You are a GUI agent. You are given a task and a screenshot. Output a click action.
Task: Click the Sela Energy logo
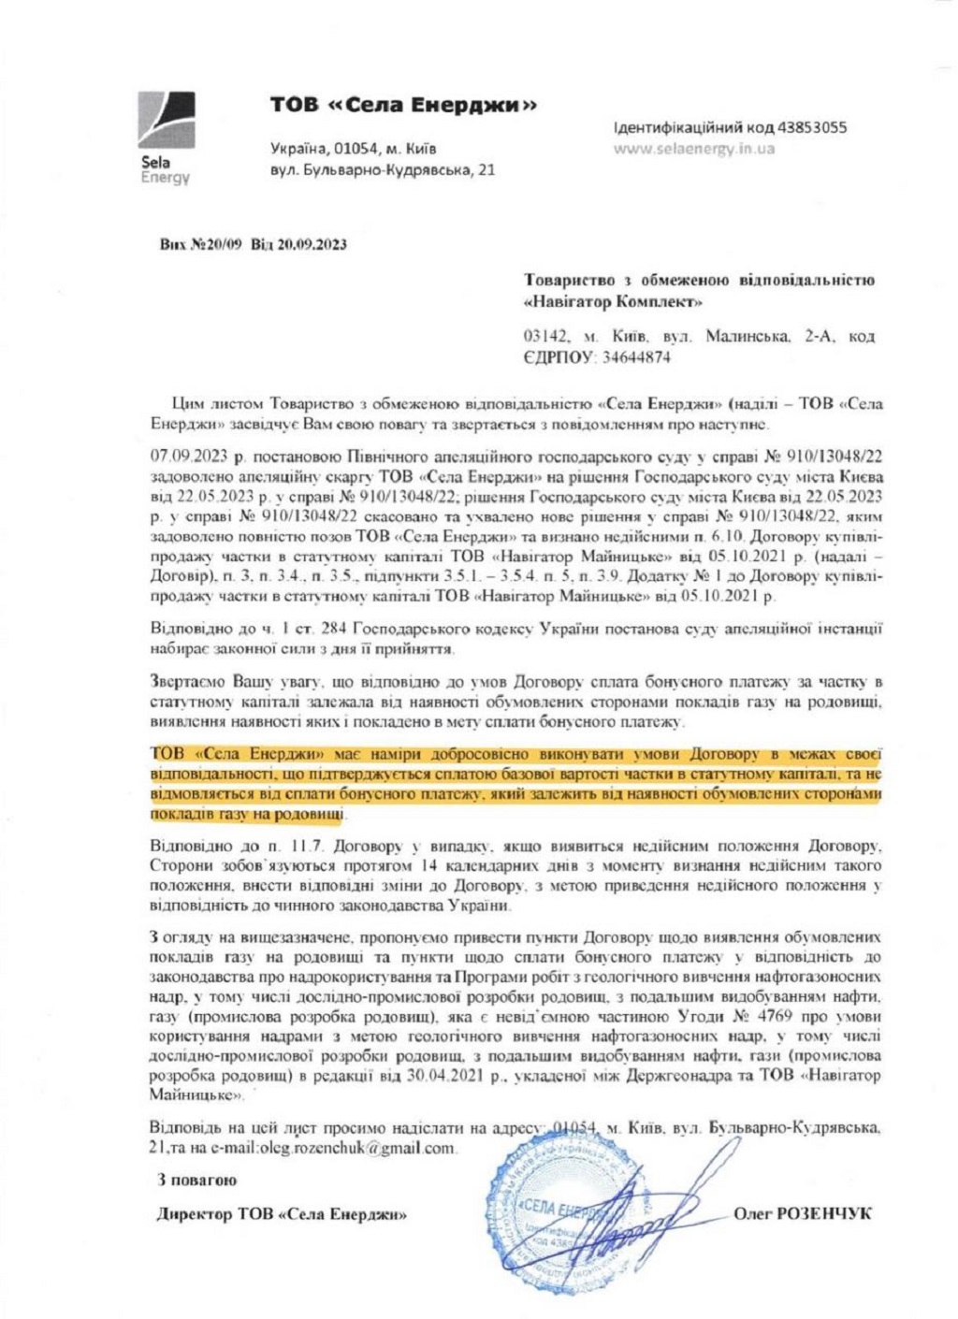click(x=166, y=137)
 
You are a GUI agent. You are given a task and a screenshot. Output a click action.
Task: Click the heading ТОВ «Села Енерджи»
click(x=403, y=105)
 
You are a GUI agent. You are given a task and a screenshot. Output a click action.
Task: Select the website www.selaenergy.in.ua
click(x=693, y=148)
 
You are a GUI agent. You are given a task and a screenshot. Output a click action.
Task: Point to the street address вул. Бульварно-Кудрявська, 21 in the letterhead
click(x=382, y=169)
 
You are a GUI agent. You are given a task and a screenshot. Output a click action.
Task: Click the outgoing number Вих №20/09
click(x=200, y=245)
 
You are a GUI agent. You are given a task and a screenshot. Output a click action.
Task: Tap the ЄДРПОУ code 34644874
click(x=636, y=356)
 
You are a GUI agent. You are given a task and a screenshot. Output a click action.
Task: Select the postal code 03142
click(x=545, y=336)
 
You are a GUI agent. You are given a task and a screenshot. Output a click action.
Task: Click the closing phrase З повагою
click(x=196, y=1181)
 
